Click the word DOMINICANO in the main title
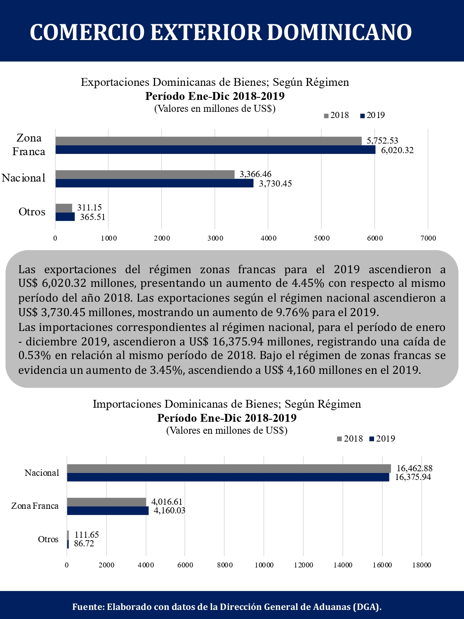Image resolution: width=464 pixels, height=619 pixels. tap(339, 33)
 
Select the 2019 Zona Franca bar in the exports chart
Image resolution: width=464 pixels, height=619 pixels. tap(216, 150)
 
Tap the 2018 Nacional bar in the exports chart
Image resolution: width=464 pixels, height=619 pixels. tap(145, 175)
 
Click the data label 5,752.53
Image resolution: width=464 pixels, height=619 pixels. tap(382, 140)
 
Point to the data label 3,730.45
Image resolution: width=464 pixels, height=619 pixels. tap(275, 184)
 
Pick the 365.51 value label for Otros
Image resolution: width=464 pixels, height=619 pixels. tap(92, 217)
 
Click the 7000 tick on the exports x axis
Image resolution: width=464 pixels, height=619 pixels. tap(428, 238)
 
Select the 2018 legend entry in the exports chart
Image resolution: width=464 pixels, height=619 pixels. tap(337, 115)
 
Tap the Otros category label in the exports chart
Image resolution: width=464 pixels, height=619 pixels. tap(32, 212)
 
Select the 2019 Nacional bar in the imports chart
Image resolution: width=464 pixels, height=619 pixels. tap(228, 477)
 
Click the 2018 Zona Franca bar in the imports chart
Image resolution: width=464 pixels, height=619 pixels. tap(106, 502)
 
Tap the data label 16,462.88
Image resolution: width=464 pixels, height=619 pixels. tap(415, 468)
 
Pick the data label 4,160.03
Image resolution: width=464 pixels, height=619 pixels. tap(170, 510)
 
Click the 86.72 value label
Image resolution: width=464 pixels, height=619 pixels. tap(84, 543)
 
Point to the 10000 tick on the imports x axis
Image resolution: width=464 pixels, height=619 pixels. tap(264, 565)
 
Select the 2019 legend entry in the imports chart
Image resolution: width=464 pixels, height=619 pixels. tap(382, 439)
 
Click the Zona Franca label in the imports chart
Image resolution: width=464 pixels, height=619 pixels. tap(35, 506)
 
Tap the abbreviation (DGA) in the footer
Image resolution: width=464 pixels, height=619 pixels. tap(367, 605)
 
